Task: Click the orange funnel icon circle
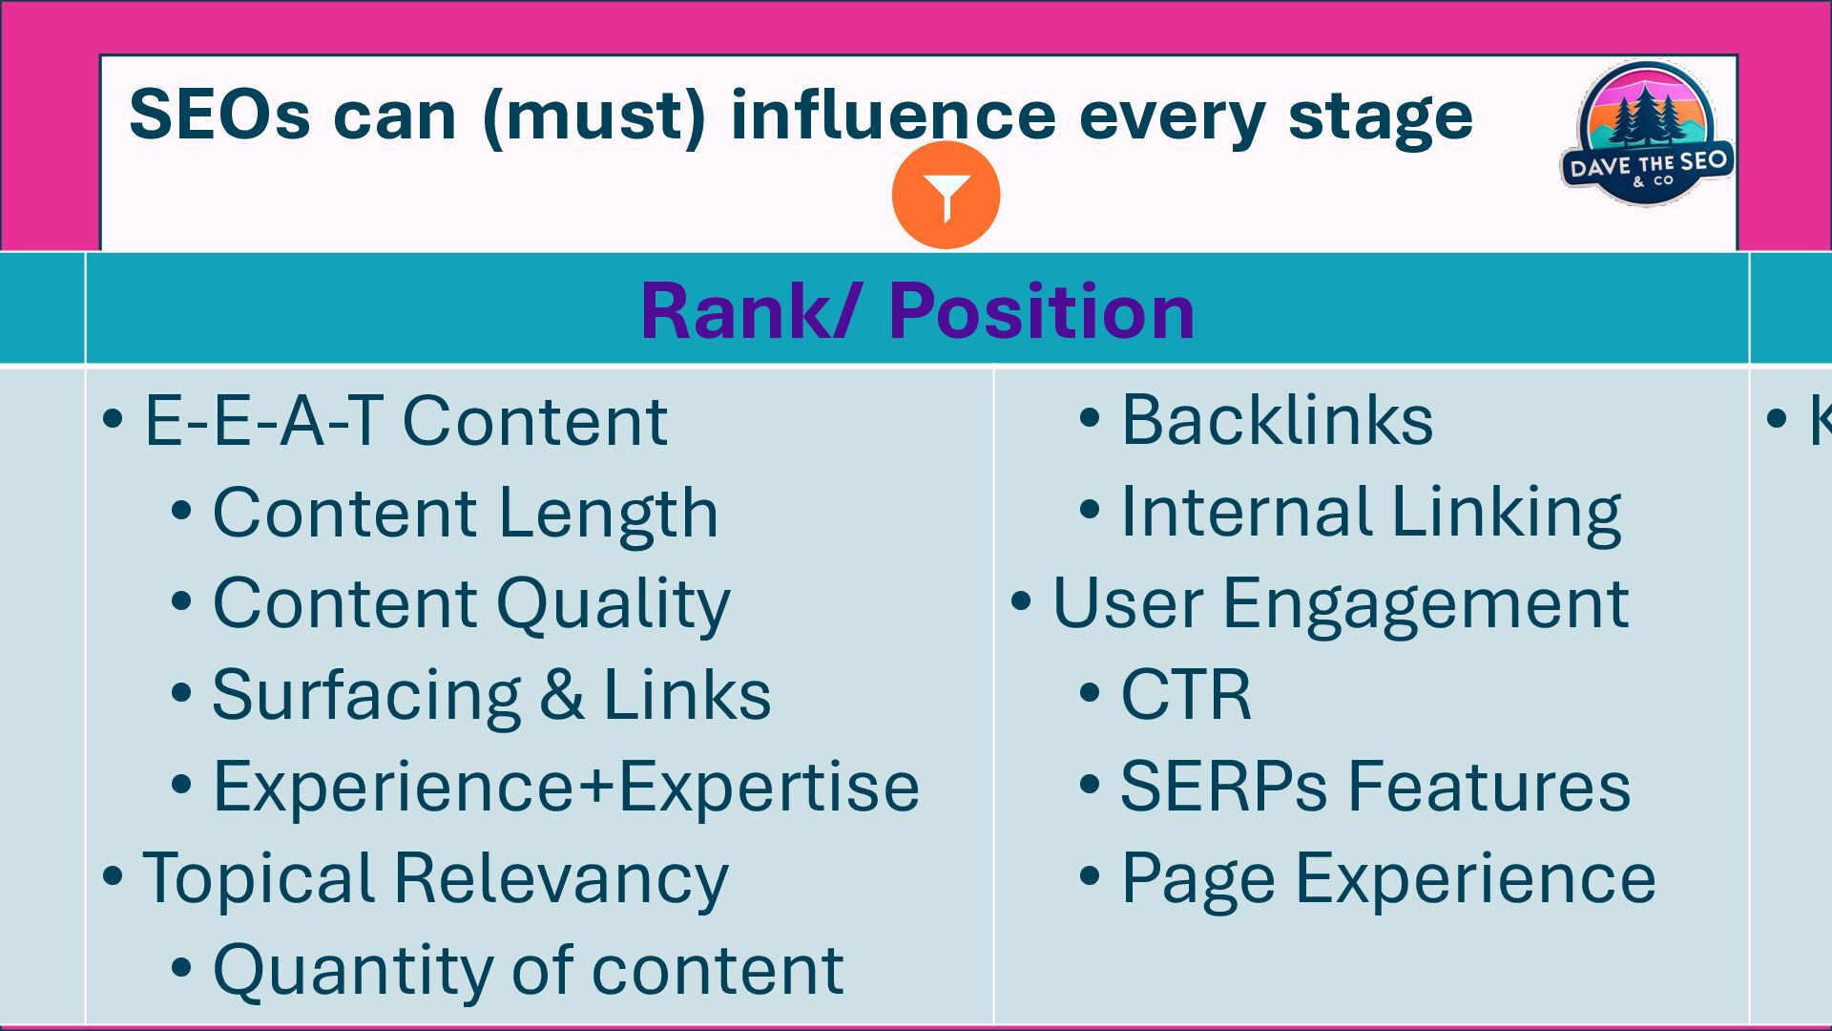(946, 196)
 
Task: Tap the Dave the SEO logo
(1647, 134)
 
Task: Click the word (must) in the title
(593, 116)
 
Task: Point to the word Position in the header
(1041, 311)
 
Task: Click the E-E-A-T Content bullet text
(405, 420)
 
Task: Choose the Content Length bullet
(465, 513)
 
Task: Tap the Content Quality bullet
(470, 603)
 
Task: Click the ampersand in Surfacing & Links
(561, 695)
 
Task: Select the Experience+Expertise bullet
(565, 787)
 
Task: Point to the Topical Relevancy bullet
(434, 878)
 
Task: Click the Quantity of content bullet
(528, 970)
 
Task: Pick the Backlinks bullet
(1276, 420)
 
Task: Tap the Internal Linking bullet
(1370, 512)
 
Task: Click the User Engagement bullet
(1340, 603)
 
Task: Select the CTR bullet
(1185, 695)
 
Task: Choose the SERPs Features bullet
(1375, 787)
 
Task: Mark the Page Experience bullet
(1387, 878)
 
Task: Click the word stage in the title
(1380, 116)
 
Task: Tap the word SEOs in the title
(219, 116)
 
